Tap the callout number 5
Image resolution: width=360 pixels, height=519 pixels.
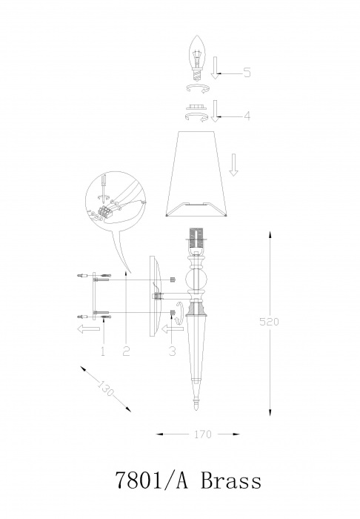pos(247,72)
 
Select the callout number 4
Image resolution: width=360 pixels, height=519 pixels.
pos(247,116)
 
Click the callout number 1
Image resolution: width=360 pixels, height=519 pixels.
pos(103,351)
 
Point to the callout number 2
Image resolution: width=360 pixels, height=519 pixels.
pos(126,351)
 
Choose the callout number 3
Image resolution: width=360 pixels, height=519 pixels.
pos(172,351)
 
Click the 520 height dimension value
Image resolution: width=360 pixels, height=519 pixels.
pos(269,321)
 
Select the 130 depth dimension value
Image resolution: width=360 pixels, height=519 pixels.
pos(106,389)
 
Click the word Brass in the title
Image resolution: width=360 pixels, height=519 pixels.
pos(231,480)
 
